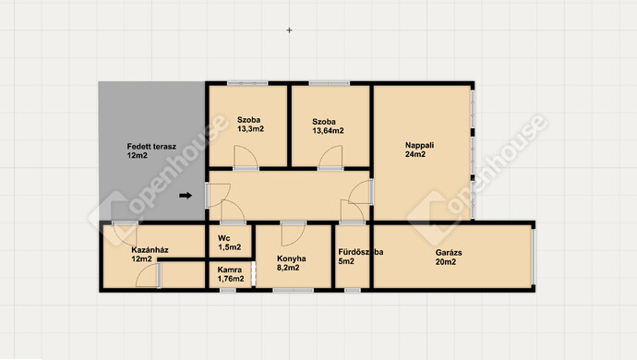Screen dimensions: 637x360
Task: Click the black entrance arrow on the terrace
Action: tap(186, 196)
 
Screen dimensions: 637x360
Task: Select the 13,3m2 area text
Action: tap(251, 129)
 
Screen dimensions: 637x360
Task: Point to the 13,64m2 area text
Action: tap(328, 131)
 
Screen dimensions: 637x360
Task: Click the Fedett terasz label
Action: tap(151, 146)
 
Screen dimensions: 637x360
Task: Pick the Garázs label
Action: tap(449, 252)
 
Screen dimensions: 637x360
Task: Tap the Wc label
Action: tap(223, 238)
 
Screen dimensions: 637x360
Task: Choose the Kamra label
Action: tap(230, 270)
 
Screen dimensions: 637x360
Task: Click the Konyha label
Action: tap(292, 258)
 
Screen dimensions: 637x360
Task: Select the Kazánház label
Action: tap(150, 250)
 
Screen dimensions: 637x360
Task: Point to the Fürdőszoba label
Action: tap(361, 252)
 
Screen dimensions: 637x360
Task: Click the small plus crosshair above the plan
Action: tap(289, 30)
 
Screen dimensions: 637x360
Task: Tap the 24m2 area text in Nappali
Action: tap(415, 154)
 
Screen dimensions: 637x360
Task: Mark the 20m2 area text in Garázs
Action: tap(446, 262)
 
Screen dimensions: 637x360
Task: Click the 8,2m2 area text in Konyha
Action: tap(288, 268)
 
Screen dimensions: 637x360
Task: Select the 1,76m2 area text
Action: tap(231, 279)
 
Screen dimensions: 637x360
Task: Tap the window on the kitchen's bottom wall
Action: tap(293, 290)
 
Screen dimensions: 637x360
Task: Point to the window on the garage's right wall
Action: tap(534, 257)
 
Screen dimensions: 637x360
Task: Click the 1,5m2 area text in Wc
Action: tap(230, 247)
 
